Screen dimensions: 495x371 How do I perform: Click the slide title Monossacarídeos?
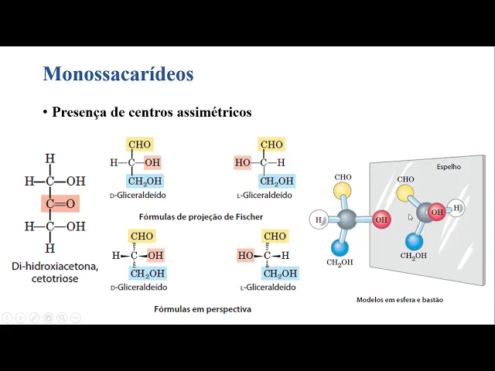pyautogui.click(x=118, y=74)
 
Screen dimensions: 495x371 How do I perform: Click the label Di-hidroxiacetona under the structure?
pyautogui.click(x=54, y=267)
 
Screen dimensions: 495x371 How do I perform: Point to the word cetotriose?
pyautogui.click(x=54, y=279)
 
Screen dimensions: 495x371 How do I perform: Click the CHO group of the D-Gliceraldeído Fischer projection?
pyautogui.click(x=140, y=145)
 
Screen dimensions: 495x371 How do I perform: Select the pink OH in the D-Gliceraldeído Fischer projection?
pyautogui.click(x=152, y=163)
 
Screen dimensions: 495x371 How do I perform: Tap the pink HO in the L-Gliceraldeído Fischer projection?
pyautogui.click(x=243, y=163)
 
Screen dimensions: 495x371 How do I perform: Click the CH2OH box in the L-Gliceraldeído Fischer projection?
pyautogui.click(x=276, y=182)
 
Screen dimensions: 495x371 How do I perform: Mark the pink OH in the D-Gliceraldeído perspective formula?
pyautogui.click(x=155, y=255)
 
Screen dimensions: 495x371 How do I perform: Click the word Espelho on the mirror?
pyautogui.click(x=449, y=166)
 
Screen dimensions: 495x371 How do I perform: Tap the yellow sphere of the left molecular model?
pyautogui.click(x=343, y=190)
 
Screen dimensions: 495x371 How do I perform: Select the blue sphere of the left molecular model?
pyautogui.click(x=339, y=247)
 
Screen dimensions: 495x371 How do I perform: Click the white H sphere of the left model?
pyautogui.click(x=319, y=220)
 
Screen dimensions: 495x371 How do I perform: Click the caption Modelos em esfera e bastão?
pyautogui.click(x=399, y=299)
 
